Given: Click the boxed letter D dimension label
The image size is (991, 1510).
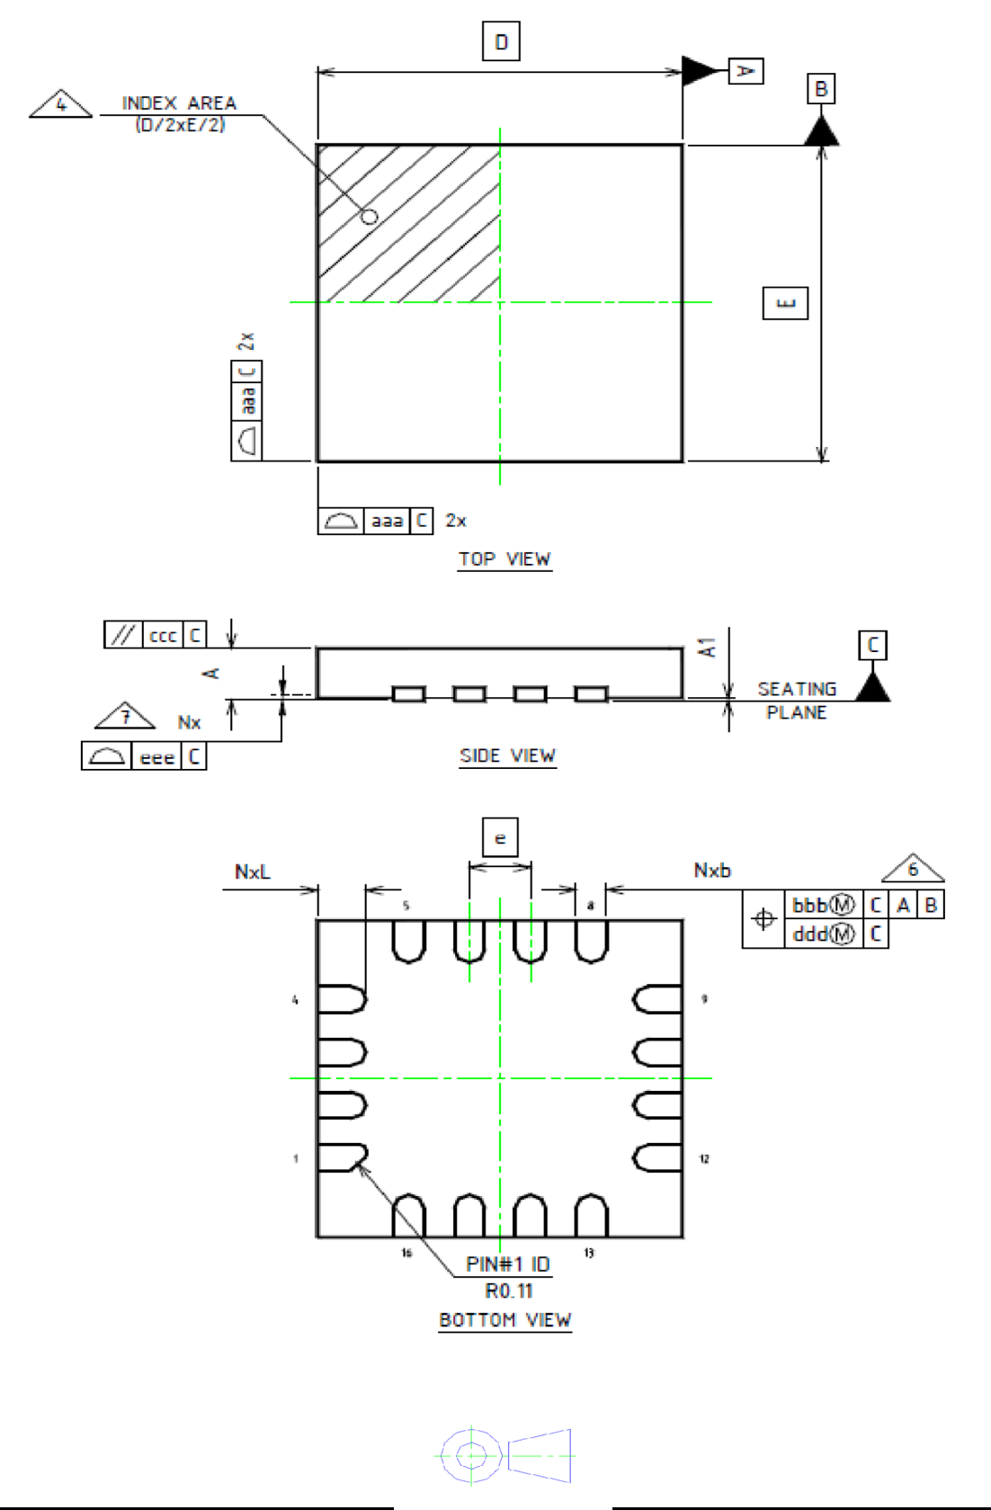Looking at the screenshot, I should pos(501,42).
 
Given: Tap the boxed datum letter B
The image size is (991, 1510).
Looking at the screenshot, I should pos(820,89).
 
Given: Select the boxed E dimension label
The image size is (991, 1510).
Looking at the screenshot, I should pos(785,303).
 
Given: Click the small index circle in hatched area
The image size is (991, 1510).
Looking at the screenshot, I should pos(369,217).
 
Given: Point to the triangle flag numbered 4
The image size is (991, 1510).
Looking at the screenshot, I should pos(60,105).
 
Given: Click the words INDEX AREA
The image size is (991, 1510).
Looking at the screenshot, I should pos(179,103).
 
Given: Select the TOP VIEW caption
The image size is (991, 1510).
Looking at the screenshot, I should pos(504,559).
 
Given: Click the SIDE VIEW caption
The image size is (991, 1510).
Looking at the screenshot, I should pos(507,755).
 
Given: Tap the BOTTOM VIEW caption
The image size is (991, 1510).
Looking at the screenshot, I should pos(504,1319).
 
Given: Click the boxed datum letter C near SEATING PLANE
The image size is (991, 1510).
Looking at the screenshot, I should pos(872,645).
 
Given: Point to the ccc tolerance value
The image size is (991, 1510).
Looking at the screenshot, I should pos(163,636).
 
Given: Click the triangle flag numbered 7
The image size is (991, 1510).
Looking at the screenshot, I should pos(125,717).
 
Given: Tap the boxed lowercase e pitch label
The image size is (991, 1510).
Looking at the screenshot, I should pos(500,838).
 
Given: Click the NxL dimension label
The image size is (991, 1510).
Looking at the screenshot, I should pos(252,871).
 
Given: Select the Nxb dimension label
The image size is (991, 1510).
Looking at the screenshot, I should pos(712,870).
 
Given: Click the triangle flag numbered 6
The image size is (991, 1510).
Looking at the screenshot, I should pos(913,870).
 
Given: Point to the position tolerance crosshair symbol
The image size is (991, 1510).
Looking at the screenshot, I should pos(763,919).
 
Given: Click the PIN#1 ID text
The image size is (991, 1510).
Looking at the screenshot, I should pos(507,1264).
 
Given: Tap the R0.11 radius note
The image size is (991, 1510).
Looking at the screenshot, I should pos(509,1291).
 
